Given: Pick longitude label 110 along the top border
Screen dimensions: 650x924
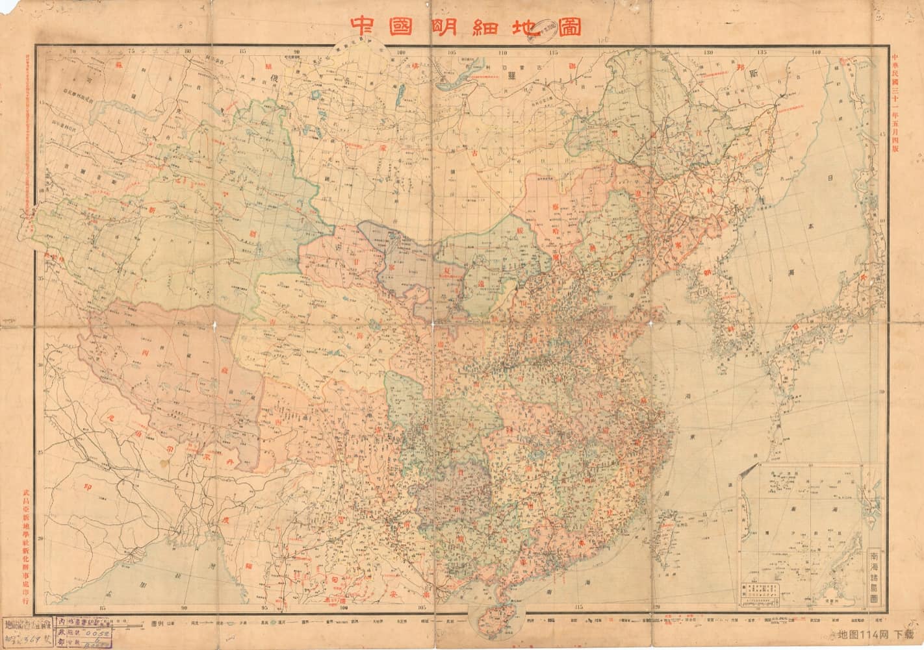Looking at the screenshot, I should point(502,51).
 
